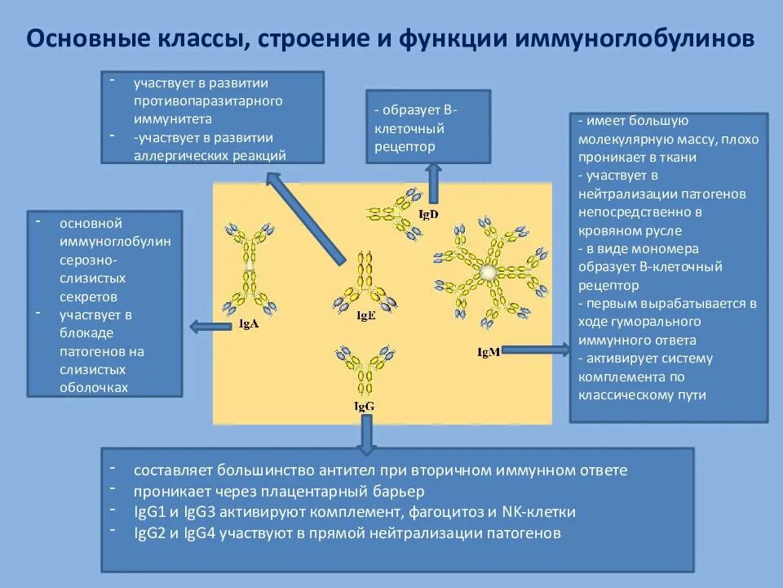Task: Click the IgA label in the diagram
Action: tap(250, 324)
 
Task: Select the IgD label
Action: tap(428, 214)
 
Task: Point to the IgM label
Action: tap(489, 351)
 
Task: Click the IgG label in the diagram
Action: tap(364, 405)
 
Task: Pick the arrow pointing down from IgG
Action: tap(366, 433)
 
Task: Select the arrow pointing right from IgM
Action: tap(538, 350)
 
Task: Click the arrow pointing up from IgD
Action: tap(433, 181)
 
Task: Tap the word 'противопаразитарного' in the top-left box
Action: tap(208, 100)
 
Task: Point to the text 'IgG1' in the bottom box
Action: tap(149, 512)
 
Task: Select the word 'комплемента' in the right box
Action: tap(613, 376)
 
